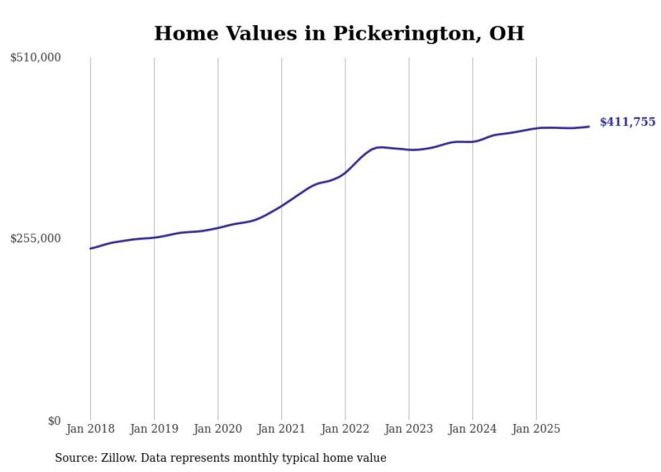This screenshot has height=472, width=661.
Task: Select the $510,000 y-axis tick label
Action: point(36,58)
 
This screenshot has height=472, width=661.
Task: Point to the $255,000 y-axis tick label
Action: point(36,238)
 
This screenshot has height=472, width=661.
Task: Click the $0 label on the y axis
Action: point(54,421)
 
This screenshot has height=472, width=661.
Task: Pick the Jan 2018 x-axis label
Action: point(90,429)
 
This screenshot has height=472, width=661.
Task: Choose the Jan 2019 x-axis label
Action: point(154,429)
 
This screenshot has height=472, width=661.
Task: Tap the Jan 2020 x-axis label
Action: point(218,429)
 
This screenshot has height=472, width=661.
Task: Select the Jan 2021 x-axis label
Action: point(281,429)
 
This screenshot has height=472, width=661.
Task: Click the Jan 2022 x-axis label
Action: point(345,429)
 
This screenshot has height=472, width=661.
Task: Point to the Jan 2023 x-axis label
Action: point(409,429)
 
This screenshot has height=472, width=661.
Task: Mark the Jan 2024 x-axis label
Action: point(472,429)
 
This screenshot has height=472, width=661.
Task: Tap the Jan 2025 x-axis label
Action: point(536,429)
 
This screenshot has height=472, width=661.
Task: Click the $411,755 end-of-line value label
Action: point(627,122)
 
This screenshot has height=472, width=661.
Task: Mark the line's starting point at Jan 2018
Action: point(90,248)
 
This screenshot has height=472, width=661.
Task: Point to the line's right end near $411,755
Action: point(589,126)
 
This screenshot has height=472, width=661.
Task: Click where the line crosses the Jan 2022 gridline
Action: point(345,172)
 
